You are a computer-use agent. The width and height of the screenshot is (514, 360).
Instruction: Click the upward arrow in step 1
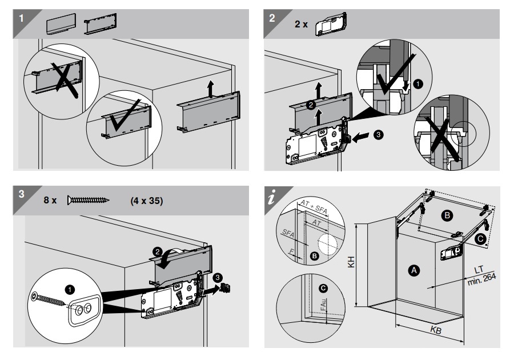[x=211, y=89]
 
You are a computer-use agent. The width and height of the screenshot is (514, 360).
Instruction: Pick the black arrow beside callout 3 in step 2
[x=361, y=137]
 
